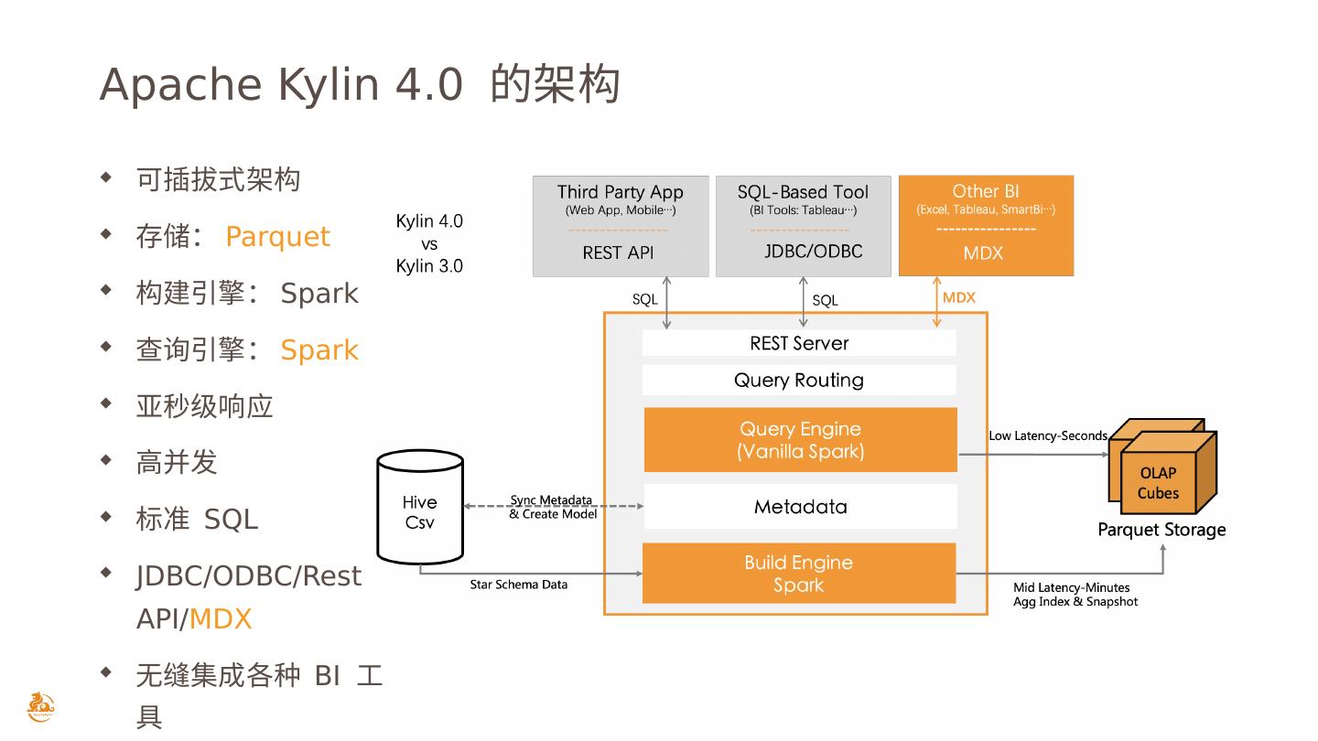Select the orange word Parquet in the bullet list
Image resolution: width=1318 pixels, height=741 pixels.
point(277,236)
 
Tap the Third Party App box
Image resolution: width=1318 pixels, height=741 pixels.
point(621,226)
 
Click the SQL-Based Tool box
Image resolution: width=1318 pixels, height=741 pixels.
point(803,226)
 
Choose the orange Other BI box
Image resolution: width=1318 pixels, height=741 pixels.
point(986,226)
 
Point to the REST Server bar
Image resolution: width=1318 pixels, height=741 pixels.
point(799,343)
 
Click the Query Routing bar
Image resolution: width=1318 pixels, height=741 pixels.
point(799,380)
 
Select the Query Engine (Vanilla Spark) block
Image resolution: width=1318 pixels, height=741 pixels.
point(800,440)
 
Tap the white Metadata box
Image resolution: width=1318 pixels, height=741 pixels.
point(800,507)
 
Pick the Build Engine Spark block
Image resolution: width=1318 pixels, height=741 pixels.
point(798,574)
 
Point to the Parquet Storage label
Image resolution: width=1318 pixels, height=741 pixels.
point(1161,530)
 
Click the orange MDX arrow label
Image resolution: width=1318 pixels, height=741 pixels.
point(958,298)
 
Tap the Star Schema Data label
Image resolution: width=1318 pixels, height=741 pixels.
point(518,585)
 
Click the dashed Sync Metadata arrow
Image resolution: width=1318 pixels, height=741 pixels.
point(553,506)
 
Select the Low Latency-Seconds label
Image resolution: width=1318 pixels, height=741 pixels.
point(1047,435)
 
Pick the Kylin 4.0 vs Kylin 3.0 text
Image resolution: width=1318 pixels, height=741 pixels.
point(429,243)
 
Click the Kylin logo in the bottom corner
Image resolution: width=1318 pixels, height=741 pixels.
point(40,707)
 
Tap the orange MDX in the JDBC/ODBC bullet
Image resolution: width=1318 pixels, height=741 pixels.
point(221,619)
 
